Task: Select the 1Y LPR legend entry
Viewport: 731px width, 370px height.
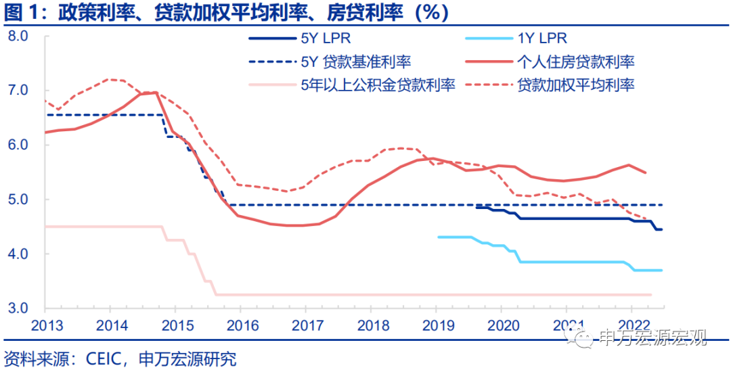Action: click(541, 39)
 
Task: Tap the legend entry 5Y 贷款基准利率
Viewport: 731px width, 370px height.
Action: click(355, 62)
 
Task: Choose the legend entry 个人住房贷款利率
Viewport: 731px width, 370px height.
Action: click(575, 62)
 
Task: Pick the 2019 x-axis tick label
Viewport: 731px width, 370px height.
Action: click(436, 324)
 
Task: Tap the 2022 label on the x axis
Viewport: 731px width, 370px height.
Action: click(632, 324)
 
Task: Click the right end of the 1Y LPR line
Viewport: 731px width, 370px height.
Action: click(662, 270)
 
